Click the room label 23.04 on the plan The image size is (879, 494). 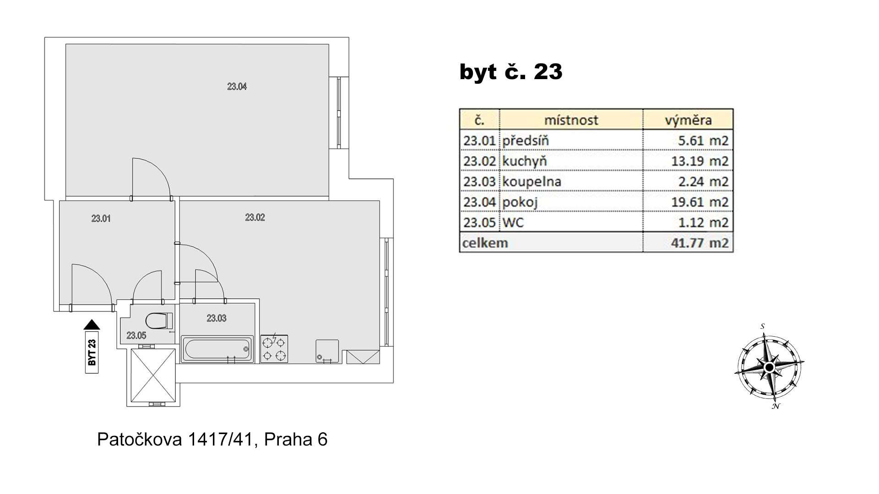[237, 86]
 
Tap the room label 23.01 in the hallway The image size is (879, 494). [101, 219]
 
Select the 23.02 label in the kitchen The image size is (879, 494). [255, 217]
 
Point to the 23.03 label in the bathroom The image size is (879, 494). [216, 318]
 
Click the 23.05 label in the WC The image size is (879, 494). [136, 335]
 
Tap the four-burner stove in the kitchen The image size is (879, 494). [274, 349]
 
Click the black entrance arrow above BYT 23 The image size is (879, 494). [92, 324]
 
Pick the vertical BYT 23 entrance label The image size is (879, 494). [92, 352]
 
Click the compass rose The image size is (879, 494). [770, 367]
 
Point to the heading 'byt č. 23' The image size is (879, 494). [511, 72]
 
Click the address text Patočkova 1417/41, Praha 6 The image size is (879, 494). [212, 440]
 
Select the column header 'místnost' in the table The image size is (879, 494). [571, 120]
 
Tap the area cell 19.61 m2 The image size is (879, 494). [700, 202]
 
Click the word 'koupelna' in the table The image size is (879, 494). [532, 182]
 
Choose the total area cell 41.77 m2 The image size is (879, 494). [700, 242]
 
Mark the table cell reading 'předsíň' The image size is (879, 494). [525, 140]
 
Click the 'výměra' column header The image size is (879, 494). [688, 120]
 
